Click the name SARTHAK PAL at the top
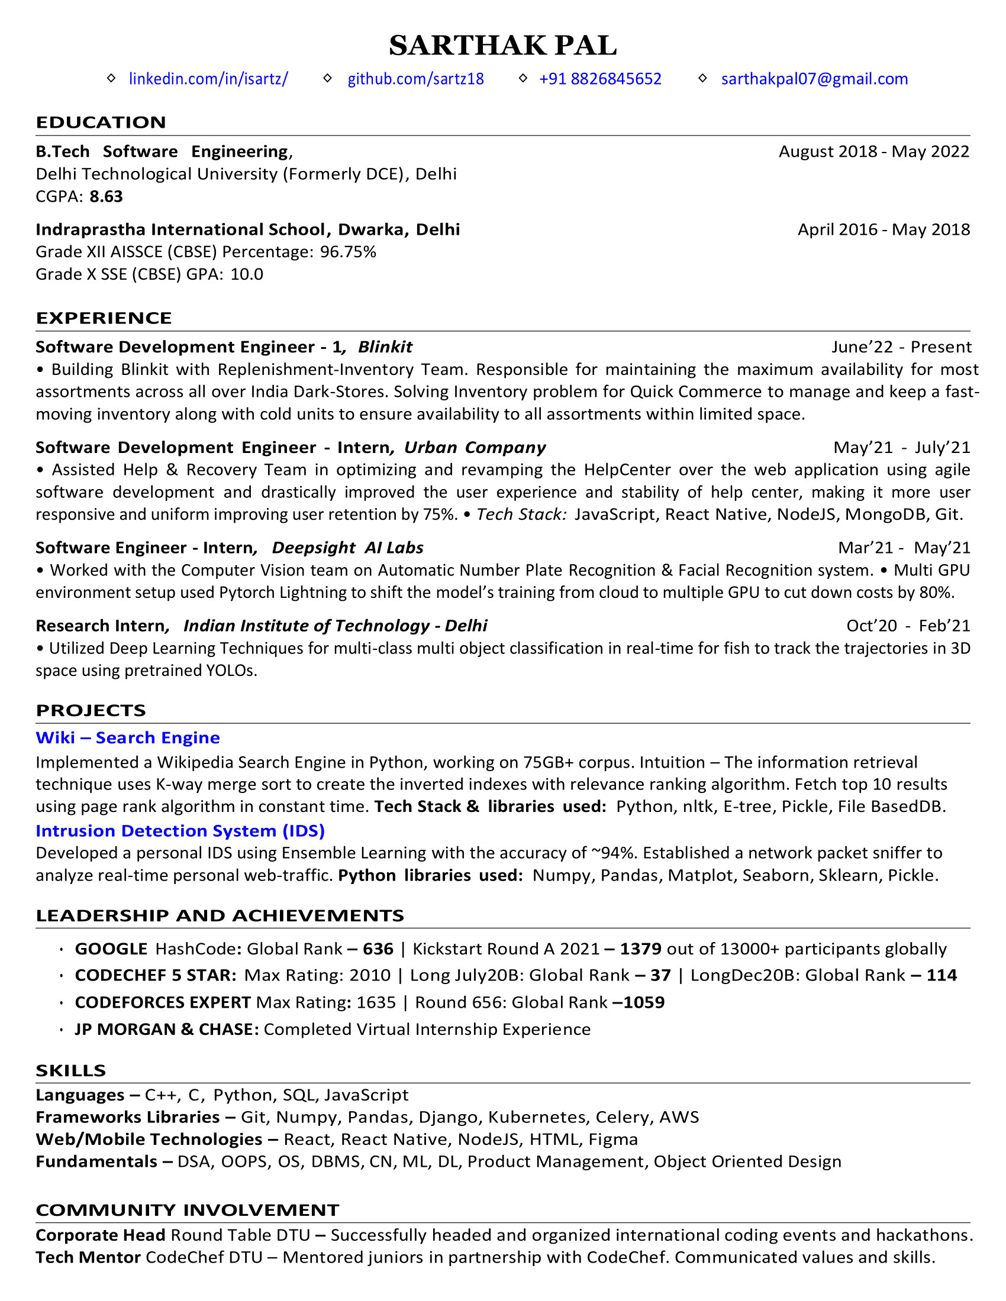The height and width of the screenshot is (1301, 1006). (x=502, y=46)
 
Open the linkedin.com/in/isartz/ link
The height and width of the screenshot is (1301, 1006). (x=208, y=79)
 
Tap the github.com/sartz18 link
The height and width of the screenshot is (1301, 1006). (x=415, y=79)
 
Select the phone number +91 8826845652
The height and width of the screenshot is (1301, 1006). (x=600, y=79)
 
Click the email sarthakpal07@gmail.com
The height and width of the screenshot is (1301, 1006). (x=814, y=79)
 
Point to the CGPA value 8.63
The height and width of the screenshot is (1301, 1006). (x=106, y=196)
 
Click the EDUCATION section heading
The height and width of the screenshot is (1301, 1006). (x=101, y=122)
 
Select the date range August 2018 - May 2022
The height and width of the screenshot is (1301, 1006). (x=873, y=151)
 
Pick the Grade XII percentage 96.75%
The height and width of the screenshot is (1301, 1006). (x=348, y=252)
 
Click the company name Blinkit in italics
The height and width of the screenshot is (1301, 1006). (x=385, y=347)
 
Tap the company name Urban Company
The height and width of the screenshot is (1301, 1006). (x=475, y=448)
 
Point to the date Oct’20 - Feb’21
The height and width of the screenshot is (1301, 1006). (x=908, y=626)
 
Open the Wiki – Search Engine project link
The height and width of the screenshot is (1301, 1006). (x=128, y=737)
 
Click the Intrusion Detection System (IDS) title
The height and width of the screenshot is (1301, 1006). (x=180, y=830)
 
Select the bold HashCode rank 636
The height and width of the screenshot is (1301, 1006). (x=378, y=949)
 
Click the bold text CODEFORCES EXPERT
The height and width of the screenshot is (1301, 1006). (x=163, y=1002)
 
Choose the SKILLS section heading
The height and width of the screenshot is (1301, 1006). (x=71, y=1070)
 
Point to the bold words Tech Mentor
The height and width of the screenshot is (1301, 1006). (x=88, y=1257)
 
